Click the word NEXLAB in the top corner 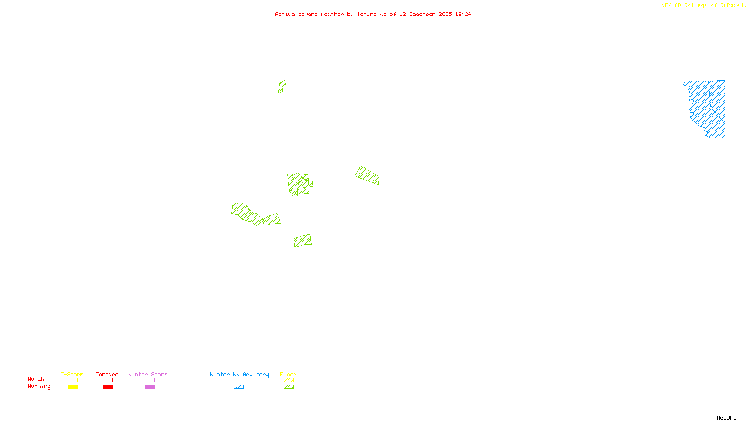click(x=671, y=6)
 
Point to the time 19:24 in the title click(x=463, y=14)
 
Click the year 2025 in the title click(x=445, y=14)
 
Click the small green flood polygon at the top click(x=282, y=87)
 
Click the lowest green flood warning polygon click(x=302, y=240)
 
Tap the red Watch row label click(x=36, y=379)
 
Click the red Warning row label click(x=39, y=386)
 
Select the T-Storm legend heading click(x=72, y=374)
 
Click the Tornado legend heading click(x=107, y=374)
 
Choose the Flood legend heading click(x=288, y=374)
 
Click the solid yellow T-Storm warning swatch click(x=72, y=387)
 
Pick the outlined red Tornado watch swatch click(x=108, y=380)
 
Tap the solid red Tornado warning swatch click(x=108, y=387)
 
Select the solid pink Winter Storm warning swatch click(x=150, y=387)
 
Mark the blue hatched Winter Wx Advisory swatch click(x=238, y=387)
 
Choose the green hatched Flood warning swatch click(x=289, y=387)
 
